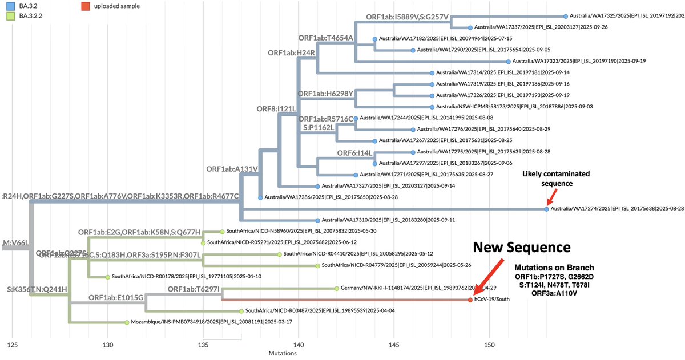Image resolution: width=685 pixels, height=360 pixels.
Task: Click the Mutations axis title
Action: coord(283,354)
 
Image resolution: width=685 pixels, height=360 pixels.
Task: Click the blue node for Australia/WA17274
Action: coord(546,209)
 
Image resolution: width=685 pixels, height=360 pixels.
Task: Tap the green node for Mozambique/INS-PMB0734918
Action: coord(127,322)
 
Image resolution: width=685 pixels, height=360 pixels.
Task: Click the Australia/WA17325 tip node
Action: coord(565,17)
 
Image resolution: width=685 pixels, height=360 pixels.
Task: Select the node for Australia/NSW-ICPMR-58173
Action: coord(432,107)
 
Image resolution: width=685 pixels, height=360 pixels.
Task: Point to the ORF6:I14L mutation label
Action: coord(354,153)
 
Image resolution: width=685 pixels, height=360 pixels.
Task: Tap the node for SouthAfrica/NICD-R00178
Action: coord(108,277)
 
